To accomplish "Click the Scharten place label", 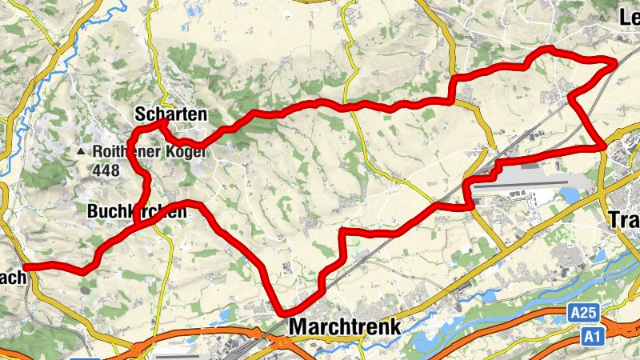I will [170, 115].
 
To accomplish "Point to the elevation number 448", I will [105, 170].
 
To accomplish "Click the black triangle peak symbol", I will [82, 151].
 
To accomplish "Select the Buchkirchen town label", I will [135, 212].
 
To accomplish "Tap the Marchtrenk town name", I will [344, 326].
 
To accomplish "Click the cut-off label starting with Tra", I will [625, 218].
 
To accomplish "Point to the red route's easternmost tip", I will [614, 62].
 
